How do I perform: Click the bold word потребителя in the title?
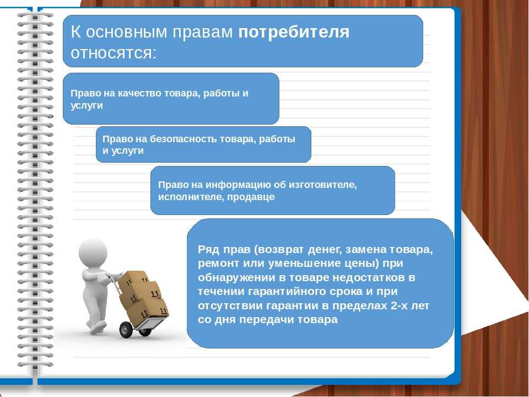point(294,33)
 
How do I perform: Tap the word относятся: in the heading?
point(114,53)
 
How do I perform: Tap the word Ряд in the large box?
point(207,250)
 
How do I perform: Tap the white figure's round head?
point(93,253)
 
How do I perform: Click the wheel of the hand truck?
point(126,330)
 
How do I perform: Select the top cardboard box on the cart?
point(133,281)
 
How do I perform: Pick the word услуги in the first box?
point(87,106)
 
